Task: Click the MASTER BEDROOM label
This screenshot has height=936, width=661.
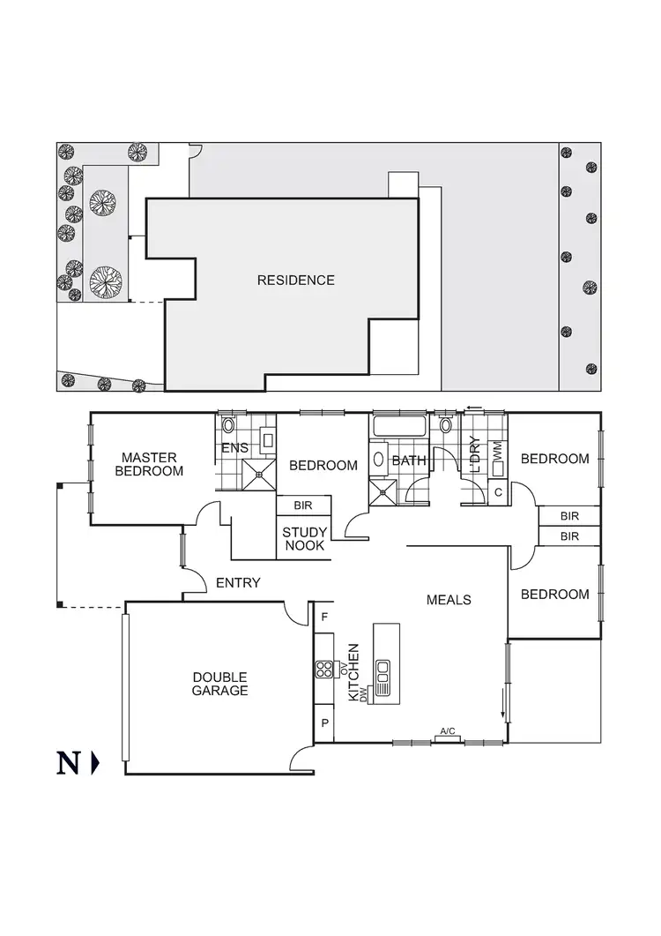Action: point(150,464)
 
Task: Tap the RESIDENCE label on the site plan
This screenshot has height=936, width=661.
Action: point(296,281)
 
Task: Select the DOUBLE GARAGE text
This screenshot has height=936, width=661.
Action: point(219,684)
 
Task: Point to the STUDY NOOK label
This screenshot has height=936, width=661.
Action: point(305,539)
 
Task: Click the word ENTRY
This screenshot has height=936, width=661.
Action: point(238,582)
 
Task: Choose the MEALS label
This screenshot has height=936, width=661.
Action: point(449,600)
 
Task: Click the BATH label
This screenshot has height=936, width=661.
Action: point(409,460)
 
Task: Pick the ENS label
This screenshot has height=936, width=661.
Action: point(235,449)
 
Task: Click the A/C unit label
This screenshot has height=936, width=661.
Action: point(448,731)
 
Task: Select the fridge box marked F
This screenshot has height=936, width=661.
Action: point(324,616)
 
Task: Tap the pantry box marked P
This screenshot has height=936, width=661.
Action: point(324,723)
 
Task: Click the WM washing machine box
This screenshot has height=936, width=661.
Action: point(497,450)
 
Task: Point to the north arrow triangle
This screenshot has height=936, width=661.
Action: point(95,762)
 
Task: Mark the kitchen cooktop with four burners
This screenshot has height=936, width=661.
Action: point(323,670)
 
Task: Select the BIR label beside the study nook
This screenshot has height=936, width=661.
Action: point(304,505)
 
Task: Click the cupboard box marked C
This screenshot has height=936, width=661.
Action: point(498,492)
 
